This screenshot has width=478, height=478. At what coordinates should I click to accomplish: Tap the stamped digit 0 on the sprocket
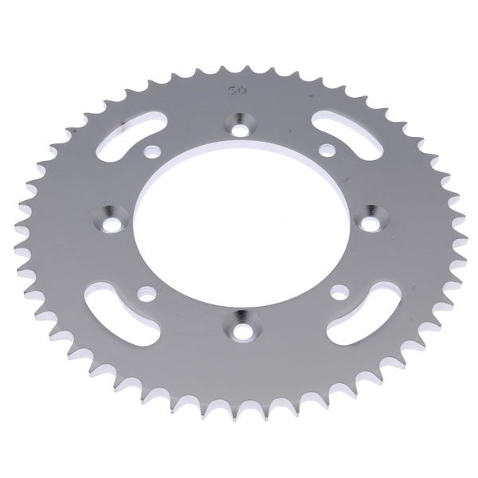pyautogui.click(x=240, y=91)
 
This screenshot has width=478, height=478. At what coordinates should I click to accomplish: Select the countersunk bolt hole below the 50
pyautogui.click(x=239, y=124)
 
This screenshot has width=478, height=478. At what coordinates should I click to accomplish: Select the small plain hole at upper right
pyautogui.click(x=325, y=148)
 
